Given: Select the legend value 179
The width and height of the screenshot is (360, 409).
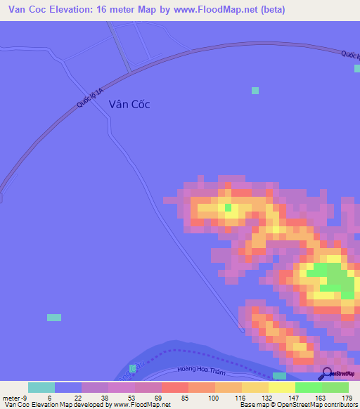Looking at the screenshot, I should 348,397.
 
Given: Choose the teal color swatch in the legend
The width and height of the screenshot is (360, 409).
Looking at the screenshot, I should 41,387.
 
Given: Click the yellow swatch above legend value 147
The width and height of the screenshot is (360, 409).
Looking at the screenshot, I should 281,387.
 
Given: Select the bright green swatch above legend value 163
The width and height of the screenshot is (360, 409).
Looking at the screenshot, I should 308,387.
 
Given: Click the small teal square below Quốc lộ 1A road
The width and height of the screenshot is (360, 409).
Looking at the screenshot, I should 255,91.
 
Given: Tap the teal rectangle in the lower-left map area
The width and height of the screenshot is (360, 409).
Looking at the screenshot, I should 54,318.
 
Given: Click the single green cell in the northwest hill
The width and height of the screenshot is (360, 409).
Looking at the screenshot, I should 228,207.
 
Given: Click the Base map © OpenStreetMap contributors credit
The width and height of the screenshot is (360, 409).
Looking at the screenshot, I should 296,405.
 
